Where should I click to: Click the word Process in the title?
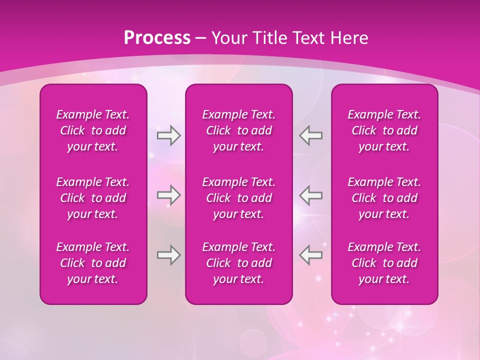[x=157, y=38]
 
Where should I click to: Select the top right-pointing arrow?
[x=168, y=135]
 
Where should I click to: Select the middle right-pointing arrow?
[x=168, y=195]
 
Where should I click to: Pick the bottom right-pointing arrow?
[x=168, y=255]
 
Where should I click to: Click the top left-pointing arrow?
[x=311, y=135]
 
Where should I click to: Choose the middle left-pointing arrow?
[x=311, y=195]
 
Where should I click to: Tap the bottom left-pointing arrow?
[x=311, y=255]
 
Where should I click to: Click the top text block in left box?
[x=93, y=130]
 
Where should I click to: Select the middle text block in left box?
[x=93, y=198]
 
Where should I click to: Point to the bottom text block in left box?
[x=93, y=263]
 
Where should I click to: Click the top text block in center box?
[x=238, y=130]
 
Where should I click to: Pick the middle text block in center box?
[x=238, y=198]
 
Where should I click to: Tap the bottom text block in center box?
[x=238, y=263]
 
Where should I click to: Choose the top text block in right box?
[x=384, y=130]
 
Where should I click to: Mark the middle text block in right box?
[x=384, y=198]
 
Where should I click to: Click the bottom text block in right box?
[x=384, y=263]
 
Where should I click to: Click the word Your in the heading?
[x=229, y=38]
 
